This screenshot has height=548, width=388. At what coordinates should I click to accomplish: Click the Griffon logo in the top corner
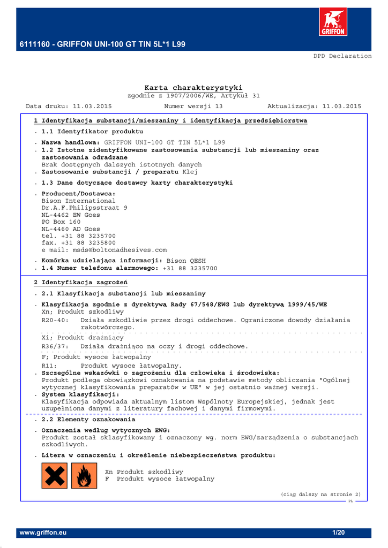[333, 22]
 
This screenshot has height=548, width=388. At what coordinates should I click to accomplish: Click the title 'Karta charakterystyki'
[193, 88]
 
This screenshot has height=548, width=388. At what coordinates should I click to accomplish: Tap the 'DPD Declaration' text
[342, 56]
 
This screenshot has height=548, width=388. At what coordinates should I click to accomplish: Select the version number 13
[219, 106]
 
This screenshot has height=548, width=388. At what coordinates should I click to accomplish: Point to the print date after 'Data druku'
[92, 106]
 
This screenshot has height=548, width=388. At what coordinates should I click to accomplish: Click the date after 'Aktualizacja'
[342, 106]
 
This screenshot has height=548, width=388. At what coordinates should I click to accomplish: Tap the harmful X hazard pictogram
[55, 476]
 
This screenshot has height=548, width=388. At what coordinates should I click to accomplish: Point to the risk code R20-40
[55, 320]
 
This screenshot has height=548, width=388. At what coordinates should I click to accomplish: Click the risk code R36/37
[55, 346]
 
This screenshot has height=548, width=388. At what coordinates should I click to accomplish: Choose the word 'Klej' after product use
[190, 172]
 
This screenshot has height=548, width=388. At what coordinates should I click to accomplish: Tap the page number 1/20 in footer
[338, 533]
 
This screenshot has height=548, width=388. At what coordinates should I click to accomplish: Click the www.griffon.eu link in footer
[43, 533]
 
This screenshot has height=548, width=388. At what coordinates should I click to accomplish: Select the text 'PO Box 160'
[61, 222]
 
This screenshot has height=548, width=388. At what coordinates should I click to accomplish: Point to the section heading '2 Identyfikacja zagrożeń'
[80, 283]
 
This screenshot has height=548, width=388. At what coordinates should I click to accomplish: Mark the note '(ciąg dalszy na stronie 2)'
[321, 494]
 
